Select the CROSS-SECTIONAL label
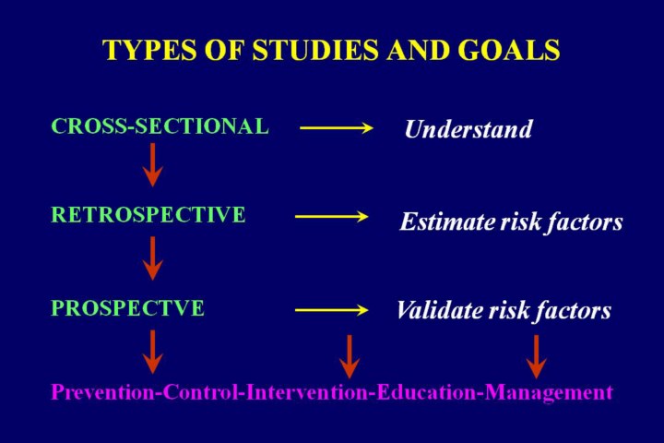(x=160, y=126)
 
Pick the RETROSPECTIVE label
(x=148, y=215)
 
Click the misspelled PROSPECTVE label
(x=127, y=308)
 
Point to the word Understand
(x=468, y=129)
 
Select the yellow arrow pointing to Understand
(x=336, y=128)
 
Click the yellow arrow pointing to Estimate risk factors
(x=330, y=218)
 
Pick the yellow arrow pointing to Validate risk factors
(x=330, y=310)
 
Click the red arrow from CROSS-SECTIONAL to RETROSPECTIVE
(x=152, y=164)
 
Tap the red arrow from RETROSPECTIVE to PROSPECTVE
(x=152, y=257)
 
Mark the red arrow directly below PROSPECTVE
(x=152, y=352)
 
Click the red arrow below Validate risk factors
(x=536, y=356)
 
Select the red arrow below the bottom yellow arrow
(x=349, y=356)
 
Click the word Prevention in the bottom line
(x=101, y=392)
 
